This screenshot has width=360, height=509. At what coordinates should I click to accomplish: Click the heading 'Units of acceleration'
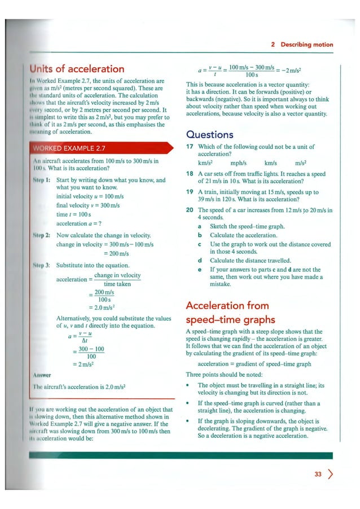pyautogui.click(x=74, y=69)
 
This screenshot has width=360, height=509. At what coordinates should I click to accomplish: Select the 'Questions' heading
pyautogui.click(x=209, y=135)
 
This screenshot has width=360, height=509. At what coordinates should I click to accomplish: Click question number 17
pyautogui.click(x=190, y=147)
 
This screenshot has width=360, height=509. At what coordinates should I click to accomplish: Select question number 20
pyautogui.click(x=190, y=210)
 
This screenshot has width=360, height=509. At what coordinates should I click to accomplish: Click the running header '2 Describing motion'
pyautogui.click(x=302, y=45)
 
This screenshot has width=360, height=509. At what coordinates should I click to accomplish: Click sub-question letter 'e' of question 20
pyautogui.click(x=200, y=270)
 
